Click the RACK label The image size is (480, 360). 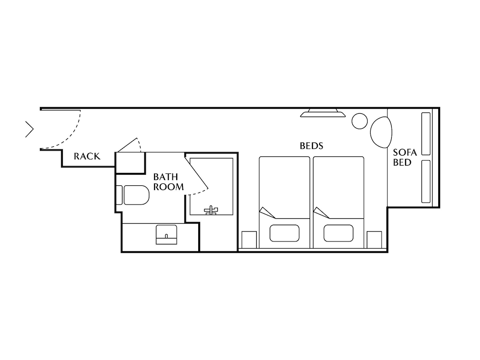[x=87, y=156]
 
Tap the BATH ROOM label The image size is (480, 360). [x=168, y=182]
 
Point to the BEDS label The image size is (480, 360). [x=311, y=145]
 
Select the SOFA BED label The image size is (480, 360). [x=402, y=157]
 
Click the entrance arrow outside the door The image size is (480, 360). [x=29, y=129]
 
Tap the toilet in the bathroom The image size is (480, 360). [x=136, y=194]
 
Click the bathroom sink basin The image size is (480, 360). [x=166, y=234]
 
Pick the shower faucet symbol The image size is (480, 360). [x=211, y=210]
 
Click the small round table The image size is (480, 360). [x=360, y=121]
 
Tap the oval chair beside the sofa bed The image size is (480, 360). [x=382, y=132]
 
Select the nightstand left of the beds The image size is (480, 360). [x=249, y=240]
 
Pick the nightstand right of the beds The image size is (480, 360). [x=374, y=240]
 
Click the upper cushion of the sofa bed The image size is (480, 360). [x=426, y=134]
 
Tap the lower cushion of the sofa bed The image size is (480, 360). [x=426, y=181]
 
